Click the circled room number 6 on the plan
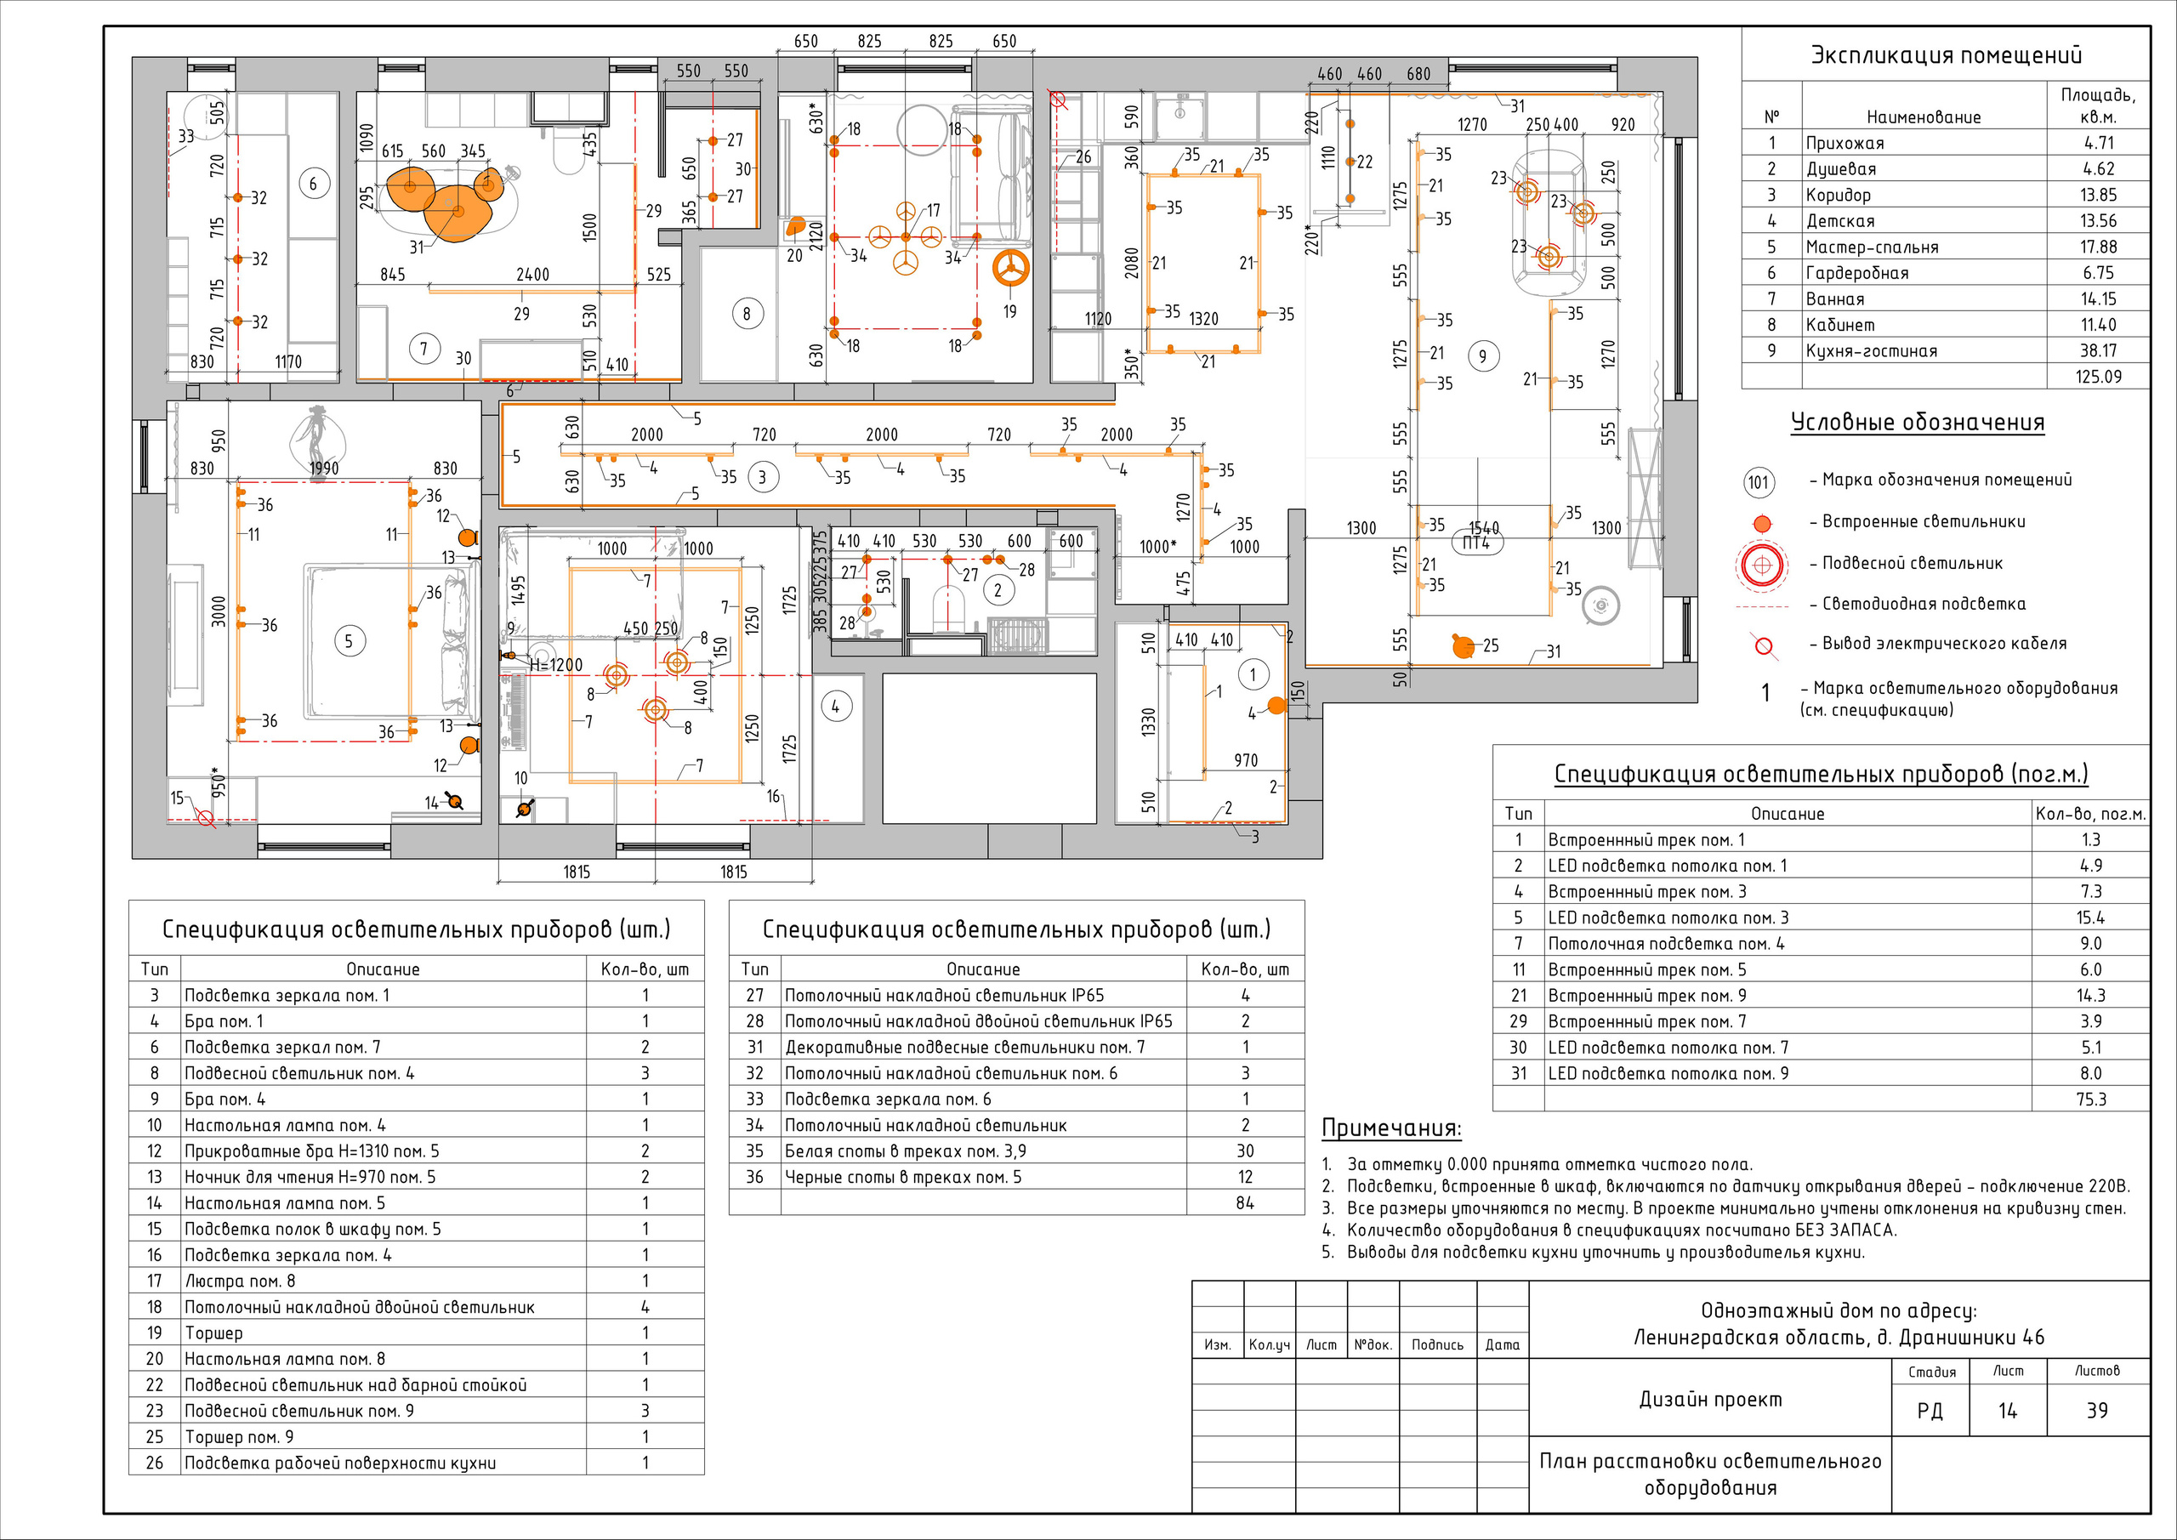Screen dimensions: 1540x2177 click(314, 183)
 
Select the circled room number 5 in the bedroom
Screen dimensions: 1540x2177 click(349, 641)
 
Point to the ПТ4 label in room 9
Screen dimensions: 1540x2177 click(1476, 543)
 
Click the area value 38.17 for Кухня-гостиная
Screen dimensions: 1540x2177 click(2097, 351)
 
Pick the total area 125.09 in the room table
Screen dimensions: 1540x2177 click(2097, 377)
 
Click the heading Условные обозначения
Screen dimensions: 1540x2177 click(1917, 423)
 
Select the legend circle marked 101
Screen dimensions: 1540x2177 click(1759, 481)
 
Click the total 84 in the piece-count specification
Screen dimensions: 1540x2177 click(1245, 1202)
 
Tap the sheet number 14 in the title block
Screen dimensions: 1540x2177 click(2007, 1411)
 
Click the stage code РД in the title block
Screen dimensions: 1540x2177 click(1930, 1411)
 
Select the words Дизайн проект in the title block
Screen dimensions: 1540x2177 click(1710, 1399)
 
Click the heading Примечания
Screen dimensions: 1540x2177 click(1391, 1128)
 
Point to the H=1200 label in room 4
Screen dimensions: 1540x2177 click(555, 665)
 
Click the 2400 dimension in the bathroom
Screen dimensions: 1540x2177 click(532, 274)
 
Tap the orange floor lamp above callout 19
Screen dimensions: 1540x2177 click(1011, 269)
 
